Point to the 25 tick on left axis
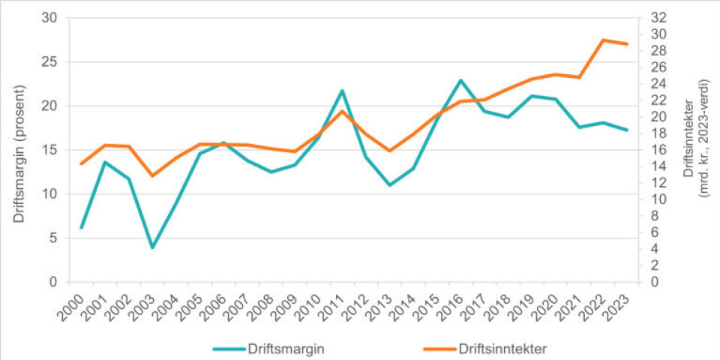(53, 61)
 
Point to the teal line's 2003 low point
(153, 247)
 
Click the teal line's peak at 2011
(342, 91)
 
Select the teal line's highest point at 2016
(460, 80)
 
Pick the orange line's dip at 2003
(153, 175)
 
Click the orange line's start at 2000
(81, 163)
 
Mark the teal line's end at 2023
(626, 130)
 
